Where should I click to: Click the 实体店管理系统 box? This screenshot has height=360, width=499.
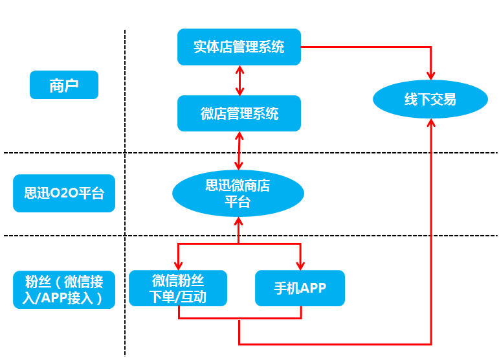(x=239, y=47)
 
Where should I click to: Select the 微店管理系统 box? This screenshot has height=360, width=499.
(x=239, y=114)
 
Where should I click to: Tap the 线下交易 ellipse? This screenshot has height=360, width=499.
(x=430, y=100)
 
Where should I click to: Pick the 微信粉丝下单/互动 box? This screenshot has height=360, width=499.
(x=178, y=289)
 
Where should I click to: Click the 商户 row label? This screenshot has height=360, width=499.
(x=63, y=85)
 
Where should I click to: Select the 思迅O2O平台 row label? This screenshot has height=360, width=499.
(x=63, y=193)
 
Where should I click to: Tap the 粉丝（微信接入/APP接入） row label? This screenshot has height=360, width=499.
(x=63, y=289)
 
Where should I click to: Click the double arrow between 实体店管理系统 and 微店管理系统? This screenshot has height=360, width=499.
(x=239, y=80)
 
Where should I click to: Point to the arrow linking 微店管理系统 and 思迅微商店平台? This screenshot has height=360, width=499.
(x=239, y=151)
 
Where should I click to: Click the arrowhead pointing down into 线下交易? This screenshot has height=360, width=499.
(x=431, y=75)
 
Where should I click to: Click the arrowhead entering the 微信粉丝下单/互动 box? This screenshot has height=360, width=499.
(x=178, y=265)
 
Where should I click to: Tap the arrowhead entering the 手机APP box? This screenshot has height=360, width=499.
(x=300, y=265)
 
